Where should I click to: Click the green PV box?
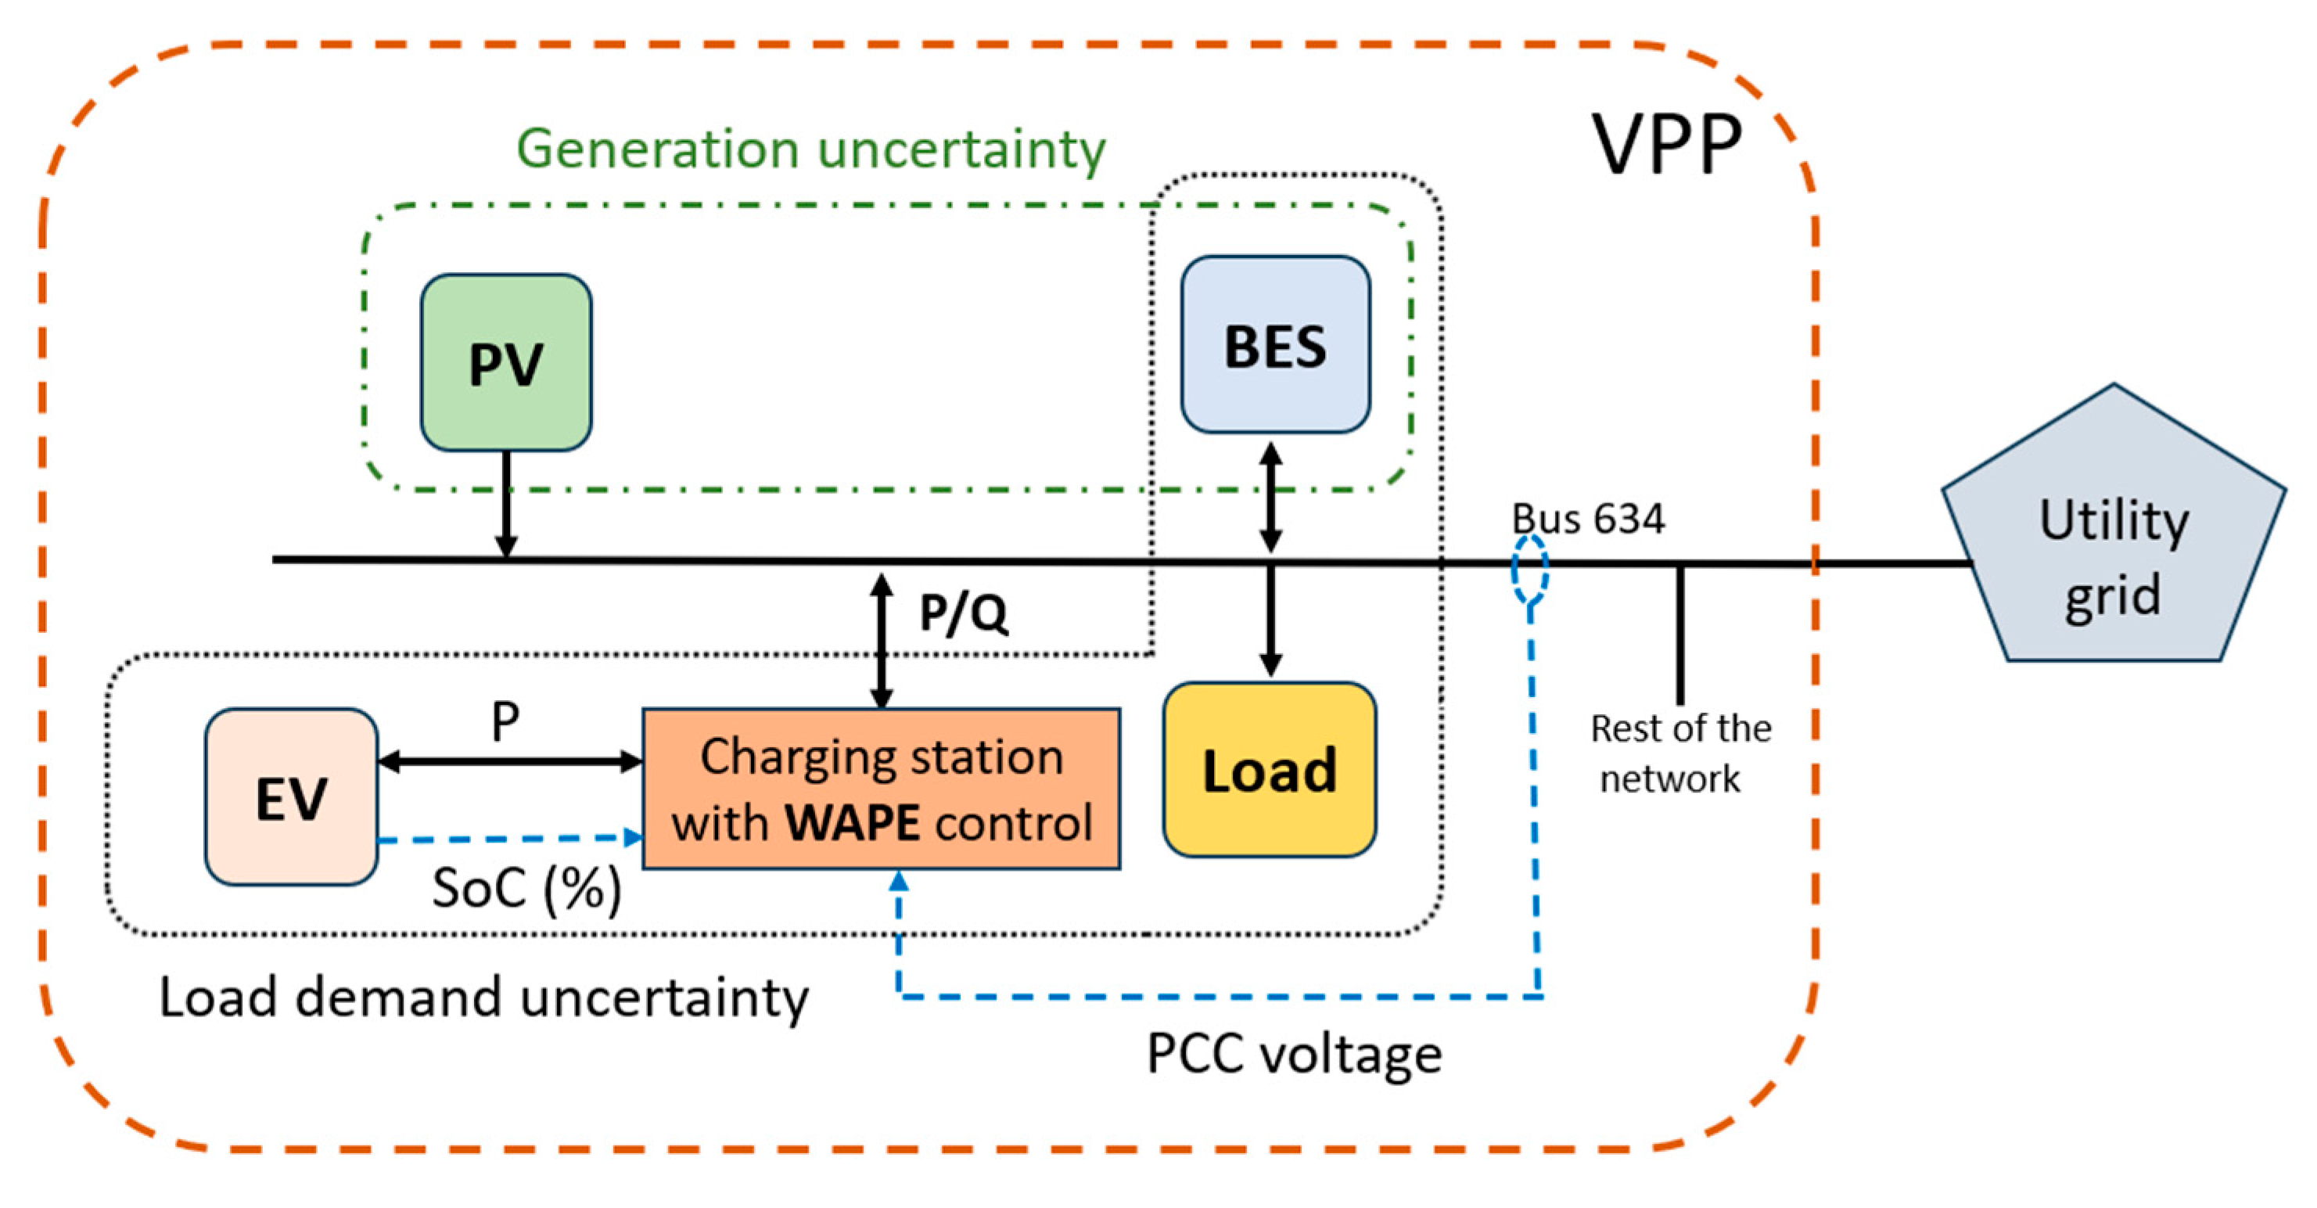click(506, 362)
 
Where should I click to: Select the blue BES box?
click(1275, 344)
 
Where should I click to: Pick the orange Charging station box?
click(882, 789)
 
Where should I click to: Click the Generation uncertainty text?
click(810, 149)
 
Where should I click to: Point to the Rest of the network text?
click(1679, 753)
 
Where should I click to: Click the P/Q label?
click(963, 614)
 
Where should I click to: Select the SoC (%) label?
click(527, 890)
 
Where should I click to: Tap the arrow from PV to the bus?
click(506, 505)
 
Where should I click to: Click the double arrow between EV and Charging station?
click(510, 762)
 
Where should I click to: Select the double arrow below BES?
click(1270, 497)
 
